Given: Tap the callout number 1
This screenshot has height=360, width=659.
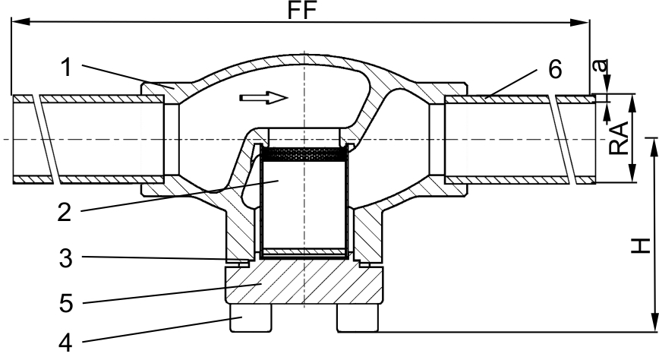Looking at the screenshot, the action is tap(66, 68).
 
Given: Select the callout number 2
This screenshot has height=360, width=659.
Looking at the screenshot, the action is tap(65, 212).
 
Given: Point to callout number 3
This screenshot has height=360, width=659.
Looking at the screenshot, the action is tap(65, 257).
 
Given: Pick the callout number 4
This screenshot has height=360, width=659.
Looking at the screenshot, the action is tap(65, 343).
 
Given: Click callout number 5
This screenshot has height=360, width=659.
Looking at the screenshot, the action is tap(66, 303).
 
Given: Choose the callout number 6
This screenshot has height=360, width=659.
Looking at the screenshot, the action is tap(555, 69).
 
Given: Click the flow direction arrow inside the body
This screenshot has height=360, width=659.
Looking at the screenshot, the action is tap(263, 97).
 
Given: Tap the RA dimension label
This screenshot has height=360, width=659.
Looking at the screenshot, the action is tap(619, 138).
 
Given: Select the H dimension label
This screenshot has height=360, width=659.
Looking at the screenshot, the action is tap(640, 245).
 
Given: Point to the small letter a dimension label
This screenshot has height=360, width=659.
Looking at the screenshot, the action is tap(603, 66).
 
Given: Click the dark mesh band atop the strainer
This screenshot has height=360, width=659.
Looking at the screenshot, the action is tap(304, 154).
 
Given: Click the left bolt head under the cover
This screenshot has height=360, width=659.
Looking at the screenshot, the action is tap(251, 317).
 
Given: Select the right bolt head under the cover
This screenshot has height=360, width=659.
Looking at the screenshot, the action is tap(358, 317).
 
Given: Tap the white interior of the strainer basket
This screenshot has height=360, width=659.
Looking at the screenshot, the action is tap(304, 204).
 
